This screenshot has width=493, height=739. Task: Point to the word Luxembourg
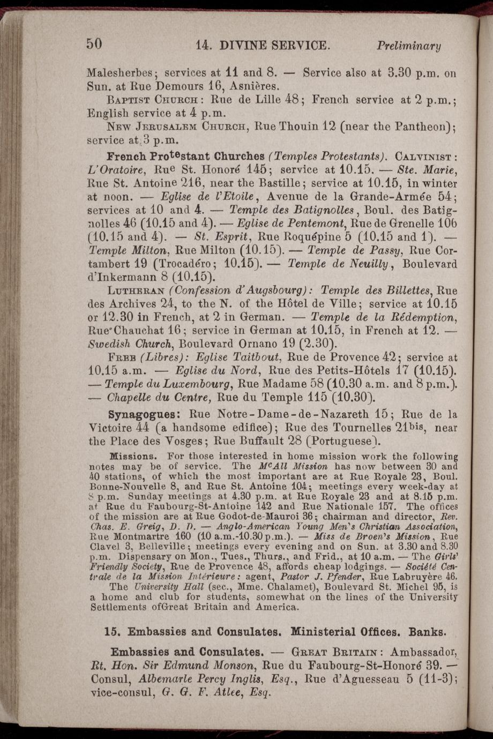(191, 385)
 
